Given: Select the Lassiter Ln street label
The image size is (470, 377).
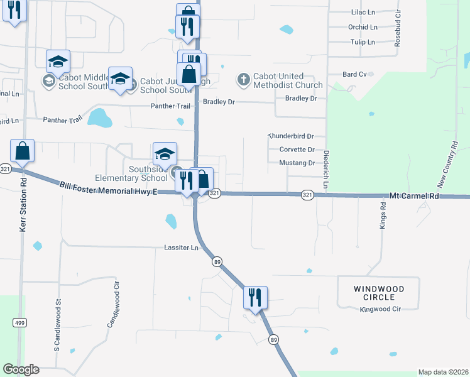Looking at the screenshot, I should coord(181,248).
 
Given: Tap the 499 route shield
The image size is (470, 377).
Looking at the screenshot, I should coord(19,322).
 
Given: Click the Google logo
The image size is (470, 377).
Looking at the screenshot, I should coord(21,369).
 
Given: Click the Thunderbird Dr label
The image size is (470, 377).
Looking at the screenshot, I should coord(291,136).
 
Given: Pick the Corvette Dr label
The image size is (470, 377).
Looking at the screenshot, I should coord(296,150).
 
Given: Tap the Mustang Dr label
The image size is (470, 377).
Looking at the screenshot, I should coord(296,163).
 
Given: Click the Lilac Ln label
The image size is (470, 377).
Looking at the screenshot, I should coord(363,12).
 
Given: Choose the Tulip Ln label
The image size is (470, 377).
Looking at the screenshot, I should coord(361,42).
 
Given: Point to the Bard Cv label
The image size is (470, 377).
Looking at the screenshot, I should coord(354,74).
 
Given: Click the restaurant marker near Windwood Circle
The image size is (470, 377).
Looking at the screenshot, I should coord(255,297).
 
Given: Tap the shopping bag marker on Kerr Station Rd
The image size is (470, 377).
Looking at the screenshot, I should coord(22,151).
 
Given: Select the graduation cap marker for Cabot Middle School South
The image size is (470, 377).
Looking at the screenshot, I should coord(58,61).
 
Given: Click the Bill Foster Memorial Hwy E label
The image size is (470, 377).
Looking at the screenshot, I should coord(108,188).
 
